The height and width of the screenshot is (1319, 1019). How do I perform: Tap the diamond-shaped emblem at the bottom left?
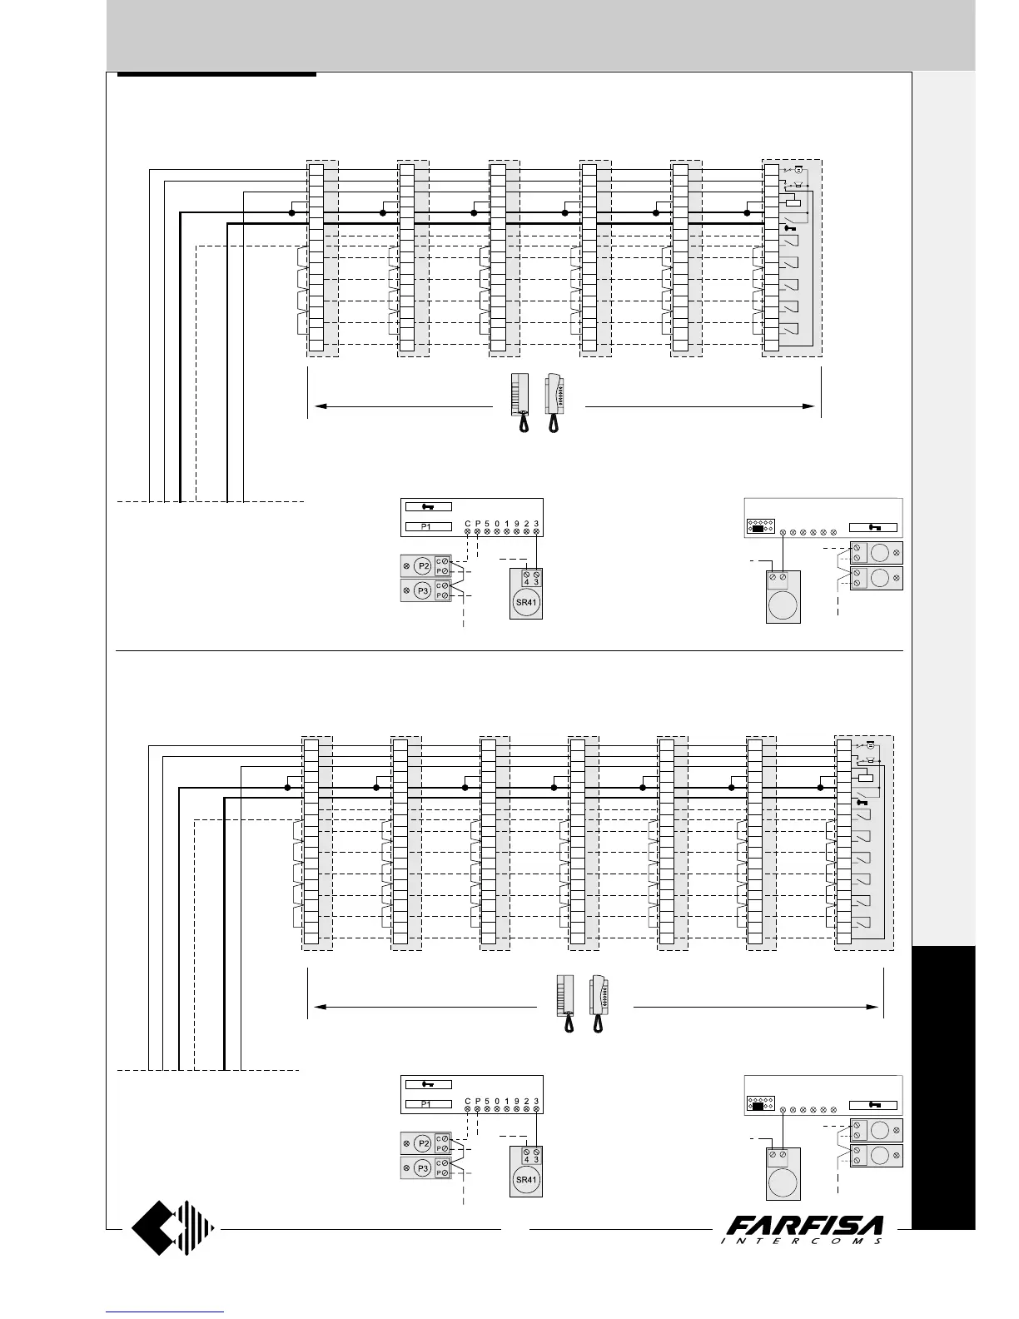173,1227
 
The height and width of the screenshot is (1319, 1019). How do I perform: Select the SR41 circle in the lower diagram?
525,1180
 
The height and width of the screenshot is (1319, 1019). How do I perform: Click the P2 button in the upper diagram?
423,566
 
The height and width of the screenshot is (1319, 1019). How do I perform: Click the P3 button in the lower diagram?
423,1168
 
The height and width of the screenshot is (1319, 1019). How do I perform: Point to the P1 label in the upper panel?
427,526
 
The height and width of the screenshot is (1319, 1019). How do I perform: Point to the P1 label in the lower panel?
427,1104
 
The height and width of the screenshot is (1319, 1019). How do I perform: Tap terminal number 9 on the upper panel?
517,524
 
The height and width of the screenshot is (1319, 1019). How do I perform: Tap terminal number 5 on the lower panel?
487,1101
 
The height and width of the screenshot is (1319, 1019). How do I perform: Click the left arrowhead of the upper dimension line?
316,406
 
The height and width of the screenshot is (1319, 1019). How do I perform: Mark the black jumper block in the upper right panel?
758,528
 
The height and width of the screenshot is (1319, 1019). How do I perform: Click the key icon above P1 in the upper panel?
427,505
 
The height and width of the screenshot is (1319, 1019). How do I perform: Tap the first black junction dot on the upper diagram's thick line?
291,213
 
